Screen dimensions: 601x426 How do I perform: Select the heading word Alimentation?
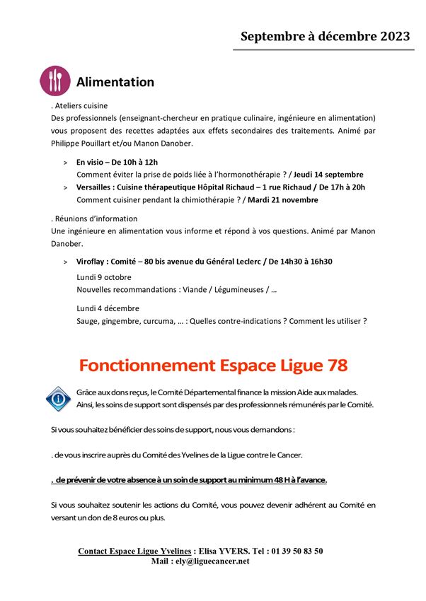pos(115,82)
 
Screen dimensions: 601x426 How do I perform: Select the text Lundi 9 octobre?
pos(104,277)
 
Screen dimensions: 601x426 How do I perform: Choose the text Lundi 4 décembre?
pos(108,308)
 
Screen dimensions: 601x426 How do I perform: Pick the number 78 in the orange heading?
pos(332,366)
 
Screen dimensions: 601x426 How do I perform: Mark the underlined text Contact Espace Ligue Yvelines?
pos(134,551)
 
